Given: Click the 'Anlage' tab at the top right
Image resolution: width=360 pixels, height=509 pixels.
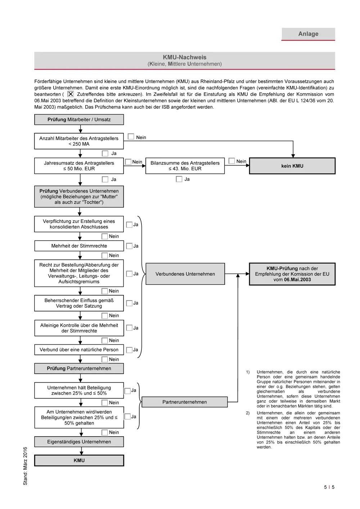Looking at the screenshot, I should pos(308,34).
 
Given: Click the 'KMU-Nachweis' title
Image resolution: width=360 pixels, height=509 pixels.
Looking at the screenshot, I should pos(184,57).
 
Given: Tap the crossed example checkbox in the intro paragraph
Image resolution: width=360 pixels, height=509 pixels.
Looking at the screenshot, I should pos(71,94).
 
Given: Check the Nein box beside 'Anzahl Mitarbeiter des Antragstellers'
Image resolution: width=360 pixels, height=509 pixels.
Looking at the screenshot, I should pos(131,137).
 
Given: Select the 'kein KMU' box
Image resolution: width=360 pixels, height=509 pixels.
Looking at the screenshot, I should pos(292,166).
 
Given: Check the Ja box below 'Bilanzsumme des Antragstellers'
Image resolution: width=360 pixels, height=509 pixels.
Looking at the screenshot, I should pos(179,179).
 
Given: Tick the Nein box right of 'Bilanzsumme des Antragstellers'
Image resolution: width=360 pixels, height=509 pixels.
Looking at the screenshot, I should pos(232,161).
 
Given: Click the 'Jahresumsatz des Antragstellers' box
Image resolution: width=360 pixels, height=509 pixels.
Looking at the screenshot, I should pos(79,166).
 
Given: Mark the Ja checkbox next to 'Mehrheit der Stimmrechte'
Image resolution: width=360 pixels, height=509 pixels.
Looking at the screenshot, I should pos(129,246).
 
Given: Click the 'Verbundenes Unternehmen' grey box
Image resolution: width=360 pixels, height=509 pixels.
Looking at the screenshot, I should pos(185,274).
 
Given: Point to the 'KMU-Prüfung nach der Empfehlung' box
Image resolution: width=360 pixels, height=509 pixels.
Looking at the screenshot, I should pos(292,274).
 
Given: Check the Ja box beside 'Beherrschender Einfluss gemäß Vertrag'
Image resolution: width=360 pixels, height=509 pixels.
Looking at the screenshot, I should pos(129,303).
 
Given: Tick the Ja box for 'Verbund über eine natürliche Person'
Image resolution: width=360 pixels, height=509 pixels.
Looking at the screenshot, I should pos(129,350).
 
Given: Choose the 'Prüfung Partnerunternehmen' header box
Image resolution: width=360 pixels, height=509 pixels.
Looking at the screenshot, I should pos(79,369).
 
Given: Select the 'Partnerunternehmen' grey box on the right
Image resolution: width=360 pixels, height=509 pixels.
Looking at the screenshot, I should pos(184,402).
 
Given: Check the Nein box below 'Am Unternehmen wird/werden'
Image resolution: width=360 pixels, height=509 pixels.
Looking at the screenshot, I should pos(105,432).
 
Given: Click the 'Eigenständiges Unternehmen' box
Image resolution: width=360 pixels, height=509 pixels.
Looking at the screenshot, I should pos(79,442).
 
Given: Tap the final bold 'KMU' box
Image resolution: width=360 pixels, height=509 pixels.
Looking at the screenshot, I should pos(79,460).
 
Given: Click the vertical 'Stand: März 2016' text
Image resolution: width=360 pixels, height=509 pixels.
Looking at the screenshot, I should pos(25,466).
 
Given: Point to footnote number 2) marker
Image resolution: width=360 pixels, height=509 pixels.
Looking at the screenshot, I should pos(248,413).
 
